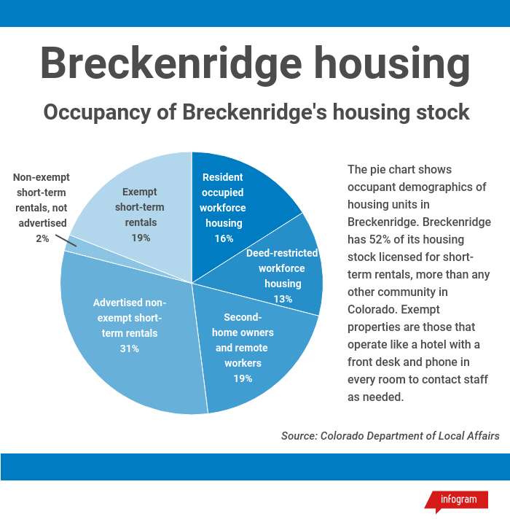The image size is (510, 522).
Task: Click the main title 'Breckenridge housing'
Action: (x=255, y=64)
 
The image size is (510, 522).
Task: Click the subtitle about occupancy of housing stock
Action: (x=256, y=113)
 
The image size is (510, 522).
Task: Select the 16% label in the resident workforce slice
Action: (x=223, y=238)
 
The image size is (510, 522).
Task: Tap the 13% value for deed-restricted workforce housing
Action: (x=282, y=299)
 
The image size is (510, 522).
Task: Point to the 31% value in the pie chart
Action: (x=129, y=348)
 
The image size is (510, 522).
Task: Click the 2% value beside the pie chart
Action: (x=42, y=238)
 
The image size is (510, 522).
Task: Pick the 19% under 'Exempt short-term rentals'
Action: (x=141, y=238)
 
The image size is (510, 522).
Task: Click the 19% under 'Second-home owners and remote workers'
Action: (x=243, y=378)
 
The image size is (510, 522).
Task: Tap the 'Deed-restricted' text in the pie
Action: (x=282, y=253)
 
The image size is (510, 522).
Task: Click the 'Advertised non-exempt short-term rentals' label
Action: (x=129, y=318)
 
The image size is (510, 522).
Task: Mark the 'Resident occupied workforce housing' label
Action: (x=223, y=200)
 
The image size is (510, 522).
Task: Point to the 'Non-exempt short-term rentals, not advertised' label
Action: (x=42, y=200)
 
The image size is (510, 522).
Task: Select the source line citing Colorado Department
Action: (x=390, y=435)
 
